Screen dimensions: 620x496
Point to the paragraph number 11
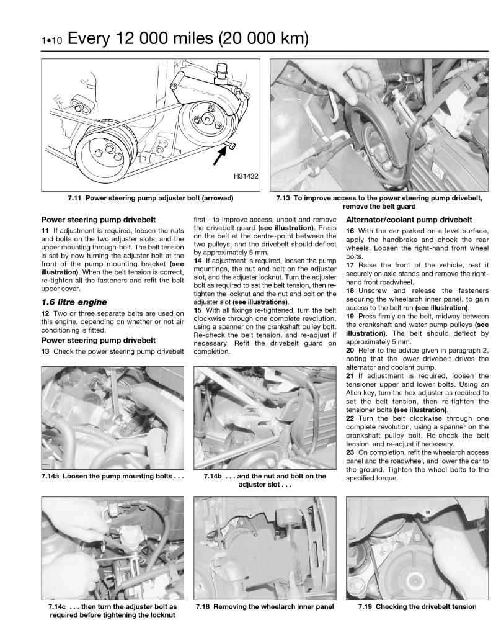[45, 231]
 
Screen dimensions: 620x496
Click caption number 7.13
[286, 199]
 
